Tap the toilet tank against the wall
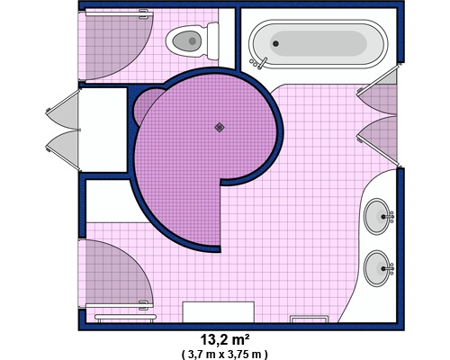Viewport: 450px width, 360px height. [x=212, y=40]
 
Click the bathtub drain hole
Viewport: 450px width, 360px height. [x=275, y=43]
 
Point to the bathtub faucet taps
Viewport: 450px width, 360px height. [x=258, y=63]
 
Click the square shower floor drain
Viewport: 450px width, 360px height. [x=220, y=128]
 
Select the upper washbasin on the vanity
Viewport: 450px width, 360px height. [x=377, y=216]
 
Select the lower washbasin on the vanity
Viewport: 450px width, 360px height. [x=377, y=268]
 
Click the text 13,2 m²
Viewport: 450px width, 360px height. [x=225, y=340]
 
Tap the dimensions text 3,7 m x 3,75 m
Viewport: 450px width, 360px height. [x=225, y=355]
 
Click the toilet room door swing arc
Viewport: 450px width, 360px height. [x=119, y=45]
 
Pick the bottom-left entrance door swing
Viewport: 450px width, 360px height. [x=120, y=273]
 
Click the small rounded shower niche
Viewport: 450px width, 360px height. [x=147, y=106]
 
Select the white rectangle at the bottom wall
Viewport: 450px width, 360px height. [x=219, y=312]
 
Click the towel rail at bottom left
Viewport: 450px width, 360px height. [x=125, y=317]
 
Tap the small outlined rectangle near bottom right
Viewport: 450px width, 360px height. [x=309, y=319]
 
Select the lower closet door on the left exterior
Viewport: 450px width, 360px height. [x=64, y=150]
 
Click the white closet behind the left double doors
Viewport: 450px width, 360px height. [x=103, y=130]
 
